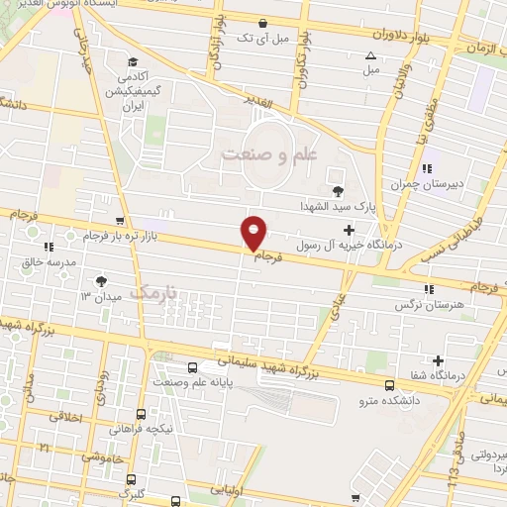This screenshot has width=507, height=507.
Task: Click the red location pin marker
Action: click(254, 232)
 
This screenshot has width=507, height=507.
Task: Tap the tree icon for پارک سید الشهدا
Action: click(338, 191)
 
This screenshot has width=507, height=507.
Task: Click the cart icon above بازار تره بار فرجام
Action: click(121, 221)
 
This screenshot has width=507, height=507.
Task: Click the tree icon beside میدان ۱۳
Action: click(99, 280)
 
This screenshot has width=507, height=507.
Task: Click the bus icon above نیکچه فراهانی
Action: click(142, 414)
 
